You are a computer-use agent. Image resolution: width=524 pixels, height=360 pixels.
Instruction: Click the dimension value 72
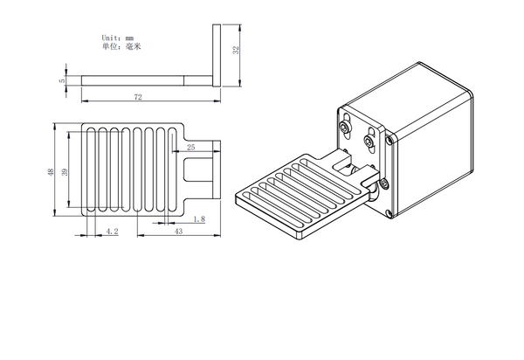point(138,98)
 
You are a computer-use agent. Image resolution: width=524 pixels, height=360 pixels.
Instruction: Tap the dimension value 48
point(50,170)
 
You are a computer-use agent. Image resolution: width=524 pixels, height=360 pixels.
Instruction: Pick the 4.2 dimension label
point(112,230)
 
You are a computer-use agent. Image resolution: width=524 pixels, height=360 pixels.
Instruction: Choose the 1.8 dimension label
point(199,220)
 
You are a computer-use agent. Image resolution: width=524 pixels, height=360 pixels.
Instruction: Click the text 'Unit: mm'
point(116,38)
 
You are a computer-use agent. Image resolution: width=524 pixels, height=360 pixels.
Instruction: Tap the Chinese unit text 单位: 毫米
point(121,46)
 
